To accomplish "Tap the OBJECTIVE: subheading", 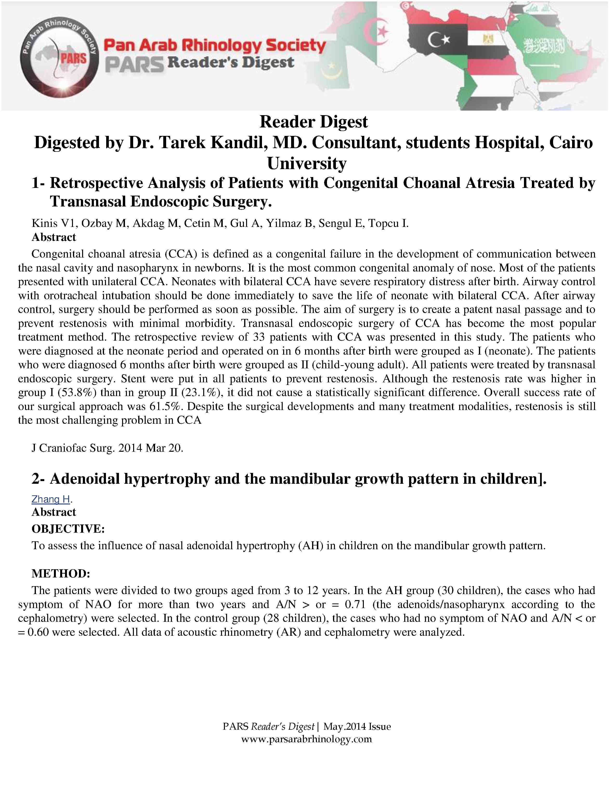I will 68,529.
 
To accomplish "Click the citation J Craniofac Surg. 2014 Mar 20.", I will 107,448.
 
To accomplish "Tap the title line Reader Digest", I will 314,122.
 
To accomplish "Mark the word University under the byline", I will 307,163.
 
